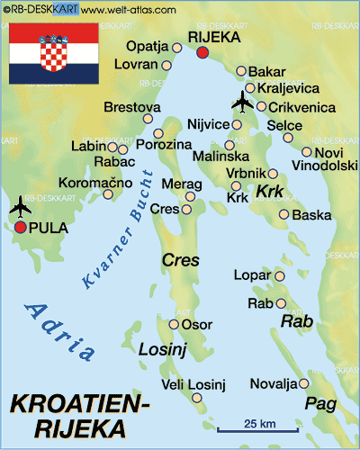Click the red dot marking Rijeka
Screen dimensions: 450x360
tap(202, 53)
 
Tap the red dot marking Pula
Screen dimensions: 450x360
tap(20, 228)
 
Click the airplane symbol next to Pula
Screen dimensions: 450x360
tap(19, 208)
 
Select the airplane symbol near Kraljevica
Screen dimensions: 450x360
tap(241, 102)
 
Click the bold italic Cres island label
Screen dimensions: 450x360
tap(180, 260)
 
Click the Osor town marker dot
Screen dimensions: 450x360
tap(174, 324)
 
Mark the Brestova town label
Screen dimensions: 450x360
tap(126, 107)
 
